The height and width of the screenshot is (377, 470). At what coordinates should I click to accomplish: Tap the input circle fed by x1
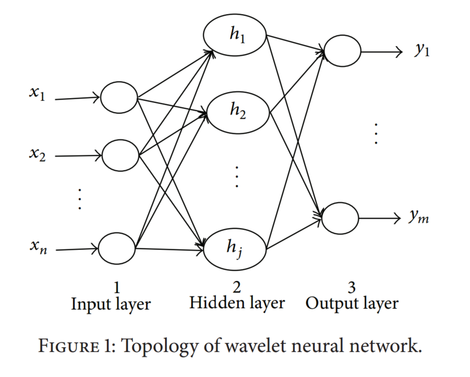click(119, 97)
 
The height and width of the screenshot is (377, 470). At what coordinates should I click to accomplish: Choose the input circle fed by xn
click(117, 249)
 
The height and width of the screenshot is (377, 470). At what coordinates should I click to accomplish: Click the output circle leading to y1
click(341, 53)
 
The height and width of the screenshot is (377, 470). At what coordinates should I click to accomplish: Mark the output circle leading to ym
click(340, 218)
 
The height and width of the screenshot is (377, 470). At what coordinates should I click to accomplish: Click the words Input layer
click(111, 304)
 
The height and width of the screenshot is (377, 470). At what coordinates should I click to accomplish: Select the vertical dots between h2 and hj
click(237, 177)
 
